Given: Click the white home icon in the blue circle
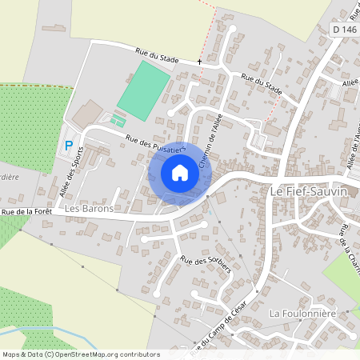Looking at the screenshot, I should coord(180,173).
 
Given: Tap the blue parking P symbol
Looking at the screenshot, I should coord(68,146).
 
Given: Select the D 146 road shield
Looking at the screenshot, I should coord(344,30).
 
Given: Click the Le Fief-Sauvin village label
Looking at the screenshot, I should coord(314,192).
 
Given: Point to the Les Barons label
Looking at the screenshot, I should coord(89,208).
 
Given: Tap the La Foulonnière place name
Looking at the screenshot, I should coord(302,312).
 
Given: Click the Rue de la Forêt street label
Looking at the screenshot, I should coord(26,211).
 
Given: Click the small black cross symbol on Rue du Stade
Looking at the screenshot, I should coord(199,62).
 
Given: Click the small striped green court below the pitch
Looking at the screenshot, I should coord(118,121).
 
